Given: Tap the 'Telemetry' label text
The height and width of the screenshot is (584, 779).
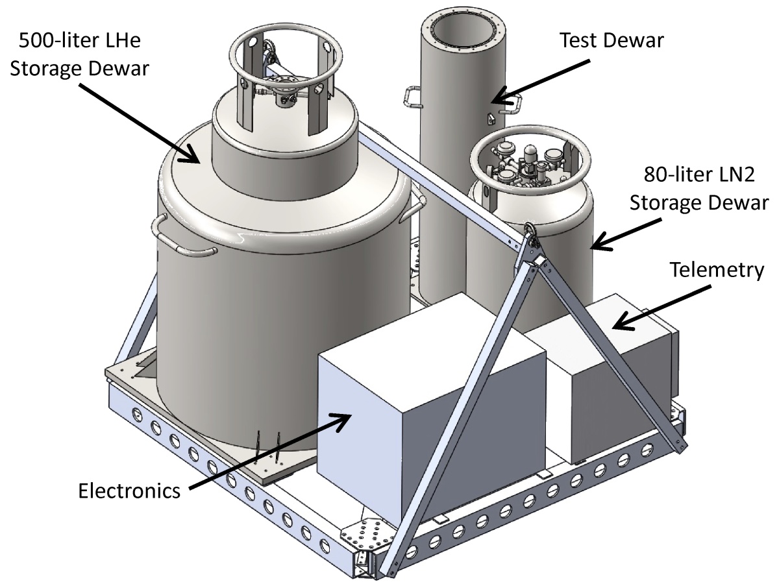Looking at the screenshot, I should [717, 269].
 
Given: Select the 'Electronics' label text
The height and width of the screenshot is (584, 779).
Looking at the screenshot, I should [129, 490].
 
